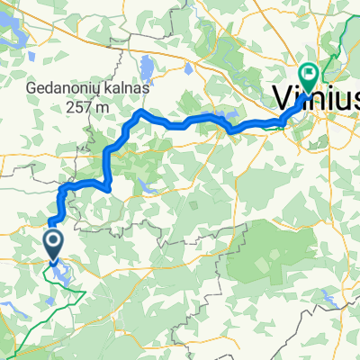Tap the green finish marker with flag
309,76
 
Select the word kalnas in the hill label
129,91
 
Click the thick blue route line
180,123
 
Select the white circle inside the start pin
52,239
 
